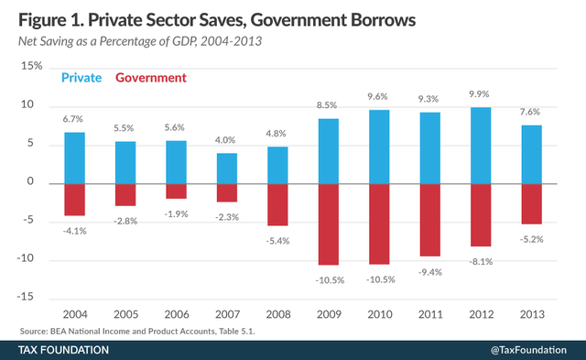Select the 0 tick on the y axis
click(39, 182)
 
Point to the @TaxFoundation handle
click(527, 350)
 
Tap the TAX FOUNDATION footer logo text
click(64, 350)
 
